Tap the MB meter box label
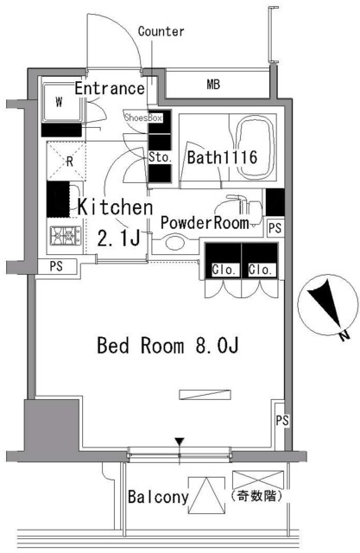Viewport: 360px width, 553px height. coord(212,85)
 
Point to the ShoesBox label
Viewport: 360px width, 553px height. coord(143,117)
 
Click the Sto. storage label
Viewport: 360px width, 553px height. coord(160,157)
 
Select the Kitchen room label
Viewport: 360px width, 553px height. coord(116,208)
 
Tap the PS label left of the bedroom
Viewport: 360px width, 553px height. coord(55,266)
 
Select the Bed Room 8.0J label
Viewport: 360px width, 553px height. coord(167,346)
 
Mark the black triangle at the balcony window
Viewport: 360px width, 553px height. coord(179,444)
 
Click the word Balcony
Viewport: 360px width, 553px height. coord(158,498)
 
